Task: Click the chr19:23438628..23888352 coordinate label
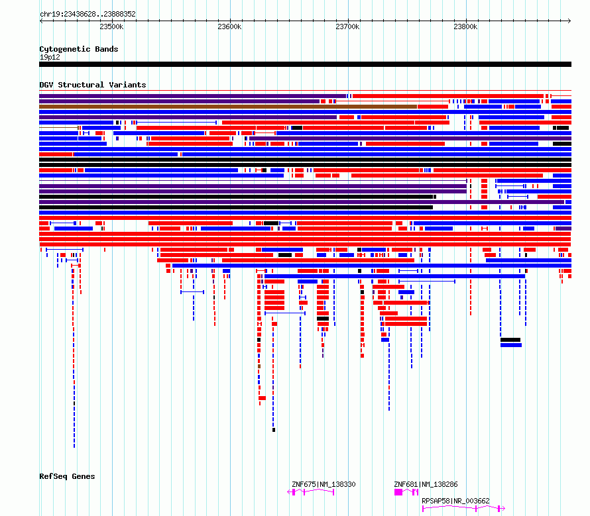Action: (x=88, y=14)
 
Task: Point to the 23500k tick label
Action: (x=111, y=26)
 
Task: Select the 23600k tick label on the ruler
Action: (x=229, y=26)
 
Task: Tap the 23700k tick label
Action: (x=347, y=26)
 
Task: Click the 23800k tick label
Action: (x=465, y=26)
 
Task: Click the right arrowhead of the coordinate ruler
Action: (x=569, y=21)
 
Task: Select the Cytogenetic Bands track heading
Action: (x=79, y=49)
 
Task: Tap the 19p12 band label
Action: (x=50, y=57)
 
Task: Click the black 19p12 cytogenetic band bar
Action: (x=305, y=64)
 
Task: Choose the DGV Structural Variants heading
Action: (x=93, y=85)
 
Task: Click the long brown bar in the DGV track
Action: (x=228, y=107)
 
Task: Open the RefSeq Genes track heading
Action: (x=67, y=476)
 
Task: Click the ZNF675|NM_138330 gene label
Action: (x=324, y=484)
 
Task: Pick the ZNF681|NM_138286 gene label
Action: (x=426, y=484)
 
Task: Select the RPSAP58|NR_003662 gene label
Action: (x=455, y=501)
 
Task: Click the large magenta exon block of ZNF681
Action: (x=398, y=492)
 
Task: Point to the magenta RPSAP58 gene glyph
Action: (x=463, y=509)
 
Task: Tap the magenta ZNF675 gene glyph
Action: (x=311, y=492)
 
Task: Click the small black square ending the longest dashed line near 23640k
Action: (x=274, y=430)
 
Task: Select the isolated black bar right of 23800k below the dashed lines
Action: (x=510, y=340)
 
